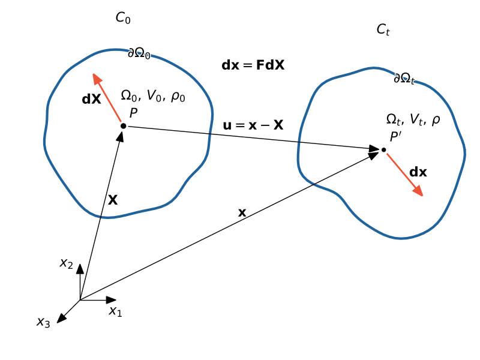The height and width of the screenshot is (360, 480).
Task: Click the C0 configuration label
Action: point(123,19)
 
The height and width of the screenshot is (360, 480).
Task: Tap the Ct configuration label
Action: point(383,29)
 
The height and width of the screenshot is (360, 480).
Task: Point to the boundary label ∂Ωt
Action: point(404,79)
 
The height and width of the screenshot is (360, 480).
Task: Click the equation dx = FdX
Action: point(253,65)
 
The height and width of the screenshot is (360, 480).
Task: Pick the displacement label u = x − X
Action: point(253,125)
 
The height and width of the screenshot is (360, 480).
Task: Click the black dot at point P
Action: point(123,126)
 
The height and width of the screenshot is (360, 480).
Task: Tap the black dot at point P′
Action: point(383,149)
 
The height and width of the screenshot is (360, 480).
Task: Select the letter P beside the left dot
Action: point(133,112)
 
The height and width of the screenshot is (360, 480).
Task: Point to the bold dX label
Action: point(91,100)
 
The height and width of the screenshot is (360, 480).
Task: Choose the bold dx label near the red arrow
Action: point(418,172)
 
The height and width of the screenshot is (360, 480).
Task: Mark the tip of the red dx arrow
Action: point(422,196)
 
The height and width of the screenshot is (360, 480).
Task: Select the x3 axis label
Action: point(43,322)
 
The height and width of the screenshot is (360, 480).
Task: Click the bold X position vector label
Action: point(112,200)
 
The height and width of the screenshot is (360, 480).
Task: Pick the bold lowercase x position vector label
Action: point(242,212)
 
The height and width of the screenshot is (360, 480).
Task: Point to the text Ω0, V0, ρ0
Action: point(153,95)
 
